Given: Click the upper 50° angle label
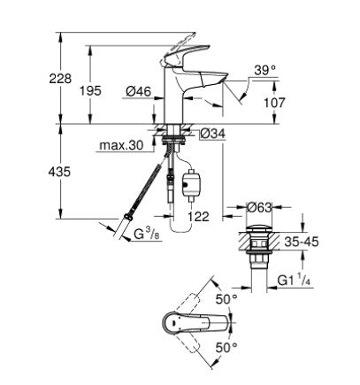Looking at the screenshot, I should click(227, 300).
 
